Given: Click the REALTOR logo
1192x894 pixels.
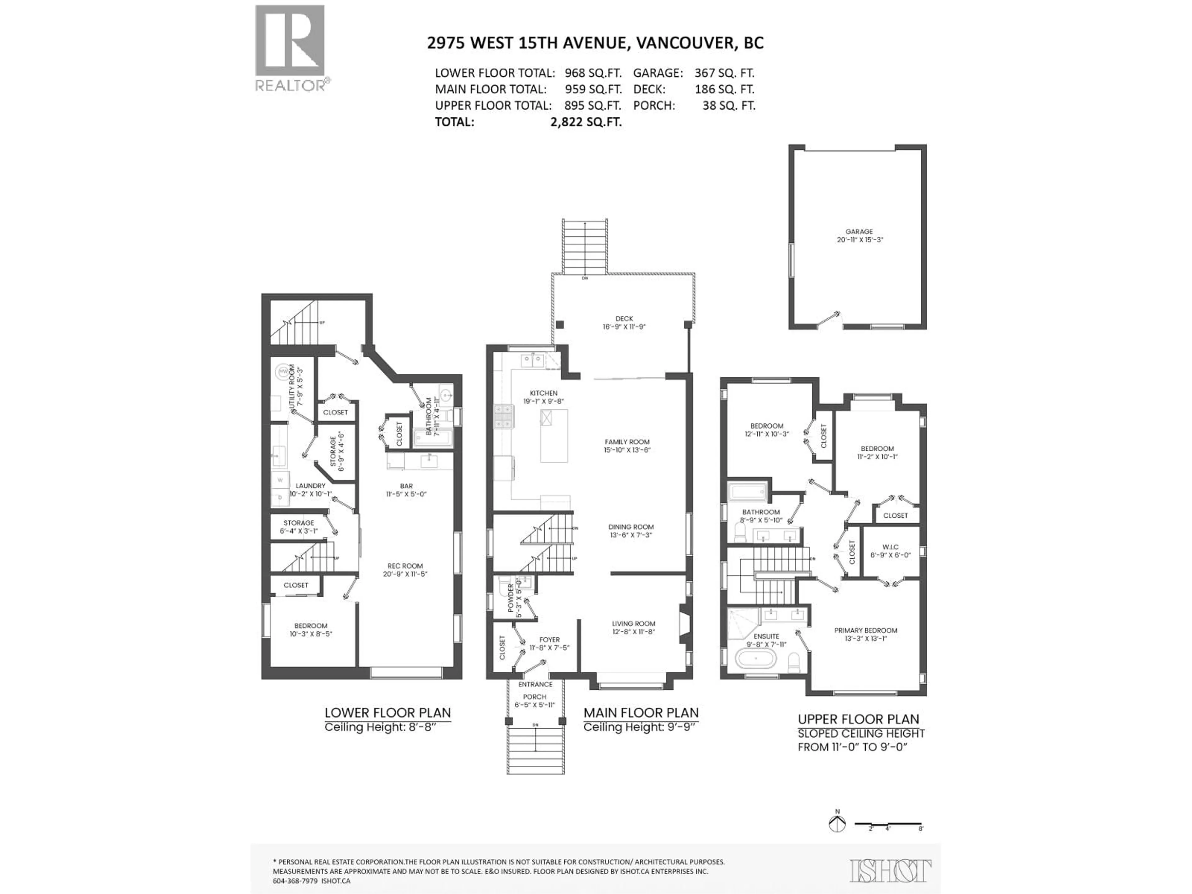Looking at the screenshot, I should [290, 48].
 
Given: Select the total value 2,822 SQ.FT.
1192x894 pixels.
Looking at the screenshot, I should [586, 122].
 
